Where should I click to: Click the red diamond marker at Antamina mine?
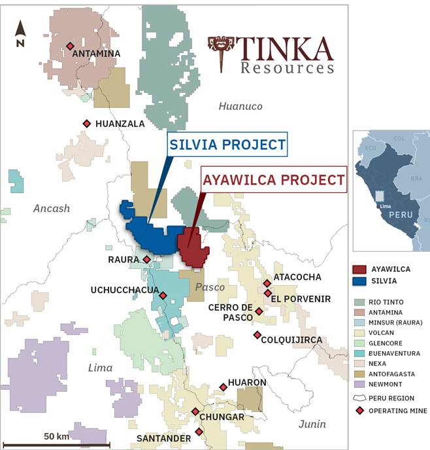(70, 46)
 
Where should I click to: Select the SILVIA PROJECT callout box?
(227, 145)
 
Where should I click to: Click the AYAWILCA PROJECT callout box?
(273, 179)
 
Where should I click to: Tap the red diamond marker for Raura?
(147, 260)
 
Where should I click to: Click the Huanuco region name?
(240, 106)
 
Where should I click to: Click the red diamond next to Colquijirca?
(257, 335)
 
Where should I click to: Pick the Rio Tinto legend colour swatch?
(359, 302)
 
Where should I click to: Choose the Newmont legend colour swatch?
(359, 384)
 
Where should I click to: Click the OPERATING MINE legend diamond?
(359, 411)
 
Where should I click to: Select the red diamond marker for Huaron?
(223, 387)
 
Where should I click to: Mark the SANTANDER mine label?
(163, 438)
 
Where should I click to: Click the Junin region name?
(312, 424)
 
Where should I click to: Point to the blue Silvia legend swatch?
(359, 281)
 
